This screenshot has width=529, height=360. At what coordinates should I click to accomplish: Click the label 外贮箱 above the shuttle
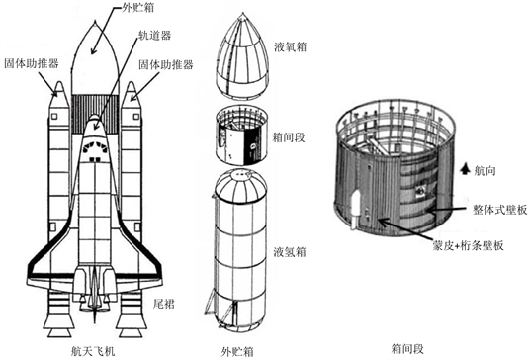click(x=138, y=8)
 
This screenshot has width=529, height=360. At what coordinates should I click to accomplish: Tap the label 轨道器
click(x=155, y=35)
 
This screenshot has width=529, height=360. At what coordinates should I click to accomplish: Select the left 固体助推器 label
click(x=32, y=63)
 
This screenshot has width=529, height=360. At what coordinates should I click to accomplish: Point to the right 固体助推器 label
click(x=166, y=64)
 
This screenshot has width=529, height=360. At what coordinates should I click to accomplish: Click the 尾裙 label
click(x=164, y=304)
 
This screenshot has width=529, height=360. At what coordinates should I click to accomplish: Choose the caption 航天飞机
click(x=93, y=351)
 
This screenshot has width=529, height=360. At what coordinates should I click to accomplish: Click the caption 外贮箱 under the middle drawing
click(x=237, y=351)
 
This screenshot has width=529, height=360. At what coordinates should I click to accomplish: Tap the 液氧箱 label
click(x=291, y=46)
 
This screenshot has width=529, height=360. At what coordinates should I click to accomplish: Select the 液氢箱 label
click(x=290, y=252)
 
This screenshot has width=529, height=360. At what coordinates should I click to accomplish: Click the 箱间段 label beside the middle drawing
click(x=289, y=137)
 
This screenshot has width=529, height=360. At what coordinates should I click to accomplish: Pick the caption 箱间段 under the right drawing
click(x=407, y=349)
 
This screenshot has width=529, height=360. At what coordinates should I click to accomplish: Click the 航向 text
click(x=485, y=171)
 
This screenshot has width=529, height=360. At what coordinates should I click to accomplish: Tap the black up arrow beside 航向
click(x=466, y=169)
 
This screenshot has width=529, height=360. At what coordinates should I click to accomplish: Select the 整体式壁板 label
click(x=499, y=210)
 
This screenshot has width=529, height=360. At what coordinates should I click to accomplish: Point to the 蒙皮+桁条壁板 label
click(x=469, y=245)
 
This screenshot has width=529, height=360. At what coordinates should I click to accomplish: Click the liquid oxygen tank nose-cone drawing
click(x=242, y=56)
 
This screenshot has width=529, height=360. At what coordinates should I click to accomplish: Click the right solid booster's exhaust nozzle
click(x=131, y=315)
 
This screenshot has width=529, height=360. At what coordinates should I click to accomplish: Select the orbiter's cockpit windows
click(x=95, y=147)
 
